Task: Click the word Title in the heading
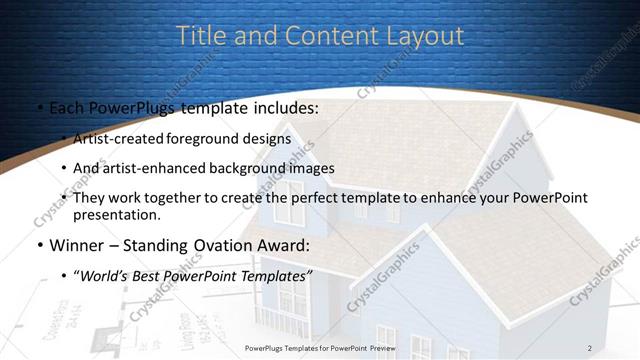(200, 36)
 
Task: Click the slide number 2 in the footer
(589, 347)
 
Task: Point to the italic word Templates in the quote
(274, 275)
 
